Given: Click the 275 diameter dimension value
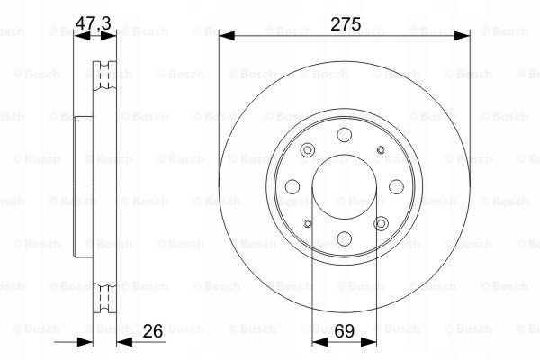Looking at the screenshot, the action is tap(346, 24).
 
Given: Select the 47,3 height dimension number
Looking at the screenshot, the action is tap(93, 23).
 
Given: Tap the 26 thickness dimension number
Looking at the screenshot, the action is tap(153, 331).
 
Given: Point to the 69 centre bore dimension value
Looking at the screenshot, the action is tap(345, 331).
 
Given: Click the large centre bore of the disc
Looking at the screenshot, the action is tap(345, 186).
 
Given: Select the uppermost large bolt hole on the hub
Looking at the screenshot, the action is tap(345, 135).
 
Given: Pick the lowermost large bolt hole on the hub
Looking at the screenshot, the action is tap(345, 238).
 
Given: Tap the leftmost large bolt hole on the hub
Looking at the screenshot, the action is tap(292, 186).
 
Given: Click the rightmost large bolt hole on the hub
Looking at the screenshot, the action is tap(396, 186).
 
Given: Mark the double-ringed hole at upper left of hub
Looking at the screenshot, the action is tap(308, 150).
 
